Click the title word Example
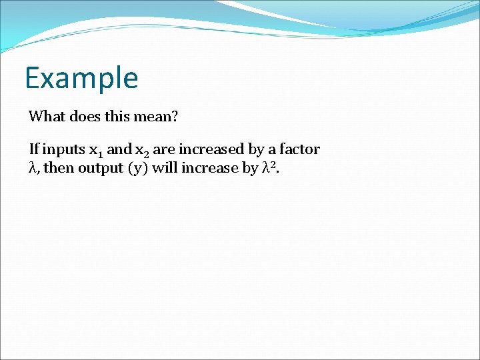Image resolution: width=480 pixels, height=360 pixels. (81, 78)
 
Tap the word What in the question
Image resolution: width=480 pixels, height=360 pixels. (46, 117)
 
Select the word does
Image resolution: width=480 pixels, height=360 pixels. (83, 117)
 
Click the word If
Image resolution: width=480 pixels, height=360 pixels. (33, 149)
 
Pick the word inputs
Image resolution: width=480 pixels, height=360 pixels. (63, 150)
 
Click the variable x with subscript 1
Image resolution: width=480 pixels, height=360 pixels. (96, 151)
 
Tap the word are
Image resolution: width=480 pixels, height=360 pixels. (164, 150)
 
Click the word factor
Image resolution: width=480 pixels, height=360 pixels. (299, 149)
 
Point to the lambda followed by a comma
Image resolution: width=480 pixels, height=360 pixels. (34, 169)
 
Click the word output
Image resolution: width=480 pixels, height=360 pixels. (99, 169)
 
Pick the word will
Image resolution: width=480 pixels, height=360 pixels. (165, 168)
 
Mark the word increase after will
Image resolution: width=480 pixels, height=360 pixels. (209, 168)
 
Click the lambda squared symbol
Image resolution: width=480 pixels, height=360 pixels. (269, 167)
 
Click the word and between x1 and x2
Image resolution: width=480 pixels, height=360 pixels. (119, 149)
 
